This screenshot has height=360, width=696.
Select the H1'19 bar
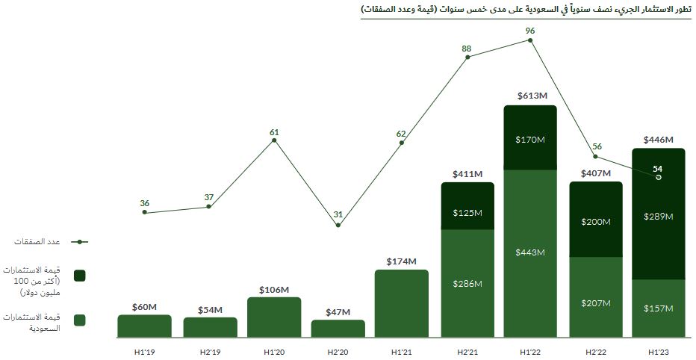144,326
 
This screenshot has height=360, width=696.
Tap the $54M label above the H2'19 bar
210,310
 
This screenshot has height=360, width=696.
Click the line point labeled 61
274,140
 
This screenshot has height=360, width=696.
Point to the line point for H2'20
338,225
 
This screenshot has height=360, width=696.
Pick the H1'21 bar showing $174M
402,302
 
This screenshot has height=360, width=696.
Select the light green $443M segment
530,253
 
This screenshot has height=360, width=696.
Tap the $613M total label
531,96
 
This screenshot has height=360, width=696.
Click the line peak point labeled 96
530,40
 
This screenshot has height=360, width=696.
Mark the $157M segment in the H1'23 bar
659,308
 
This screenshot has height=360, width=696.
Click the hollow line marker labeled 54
658,177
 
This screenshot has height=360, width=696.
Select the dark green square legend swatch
80,276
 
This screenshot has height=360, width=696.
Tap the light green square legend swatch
80,320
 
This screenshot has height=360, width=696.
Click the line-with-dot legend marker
80,241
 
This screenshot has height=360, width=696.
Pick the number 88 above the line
467,49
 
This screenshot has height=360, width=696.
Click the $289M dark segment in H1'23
659,216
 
